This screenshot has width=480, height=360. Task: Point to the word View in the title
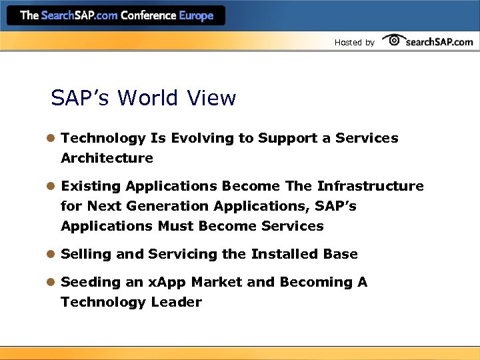211,99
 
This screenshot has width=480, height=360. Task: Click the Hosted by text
354,43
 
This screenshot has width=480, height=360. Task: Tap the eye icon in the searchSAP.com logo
394,41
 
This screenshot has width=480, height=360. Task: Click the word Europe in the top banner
197,15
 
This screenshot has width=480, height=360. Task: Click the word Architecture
107,159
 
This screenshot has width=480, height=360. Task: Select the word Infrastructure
370,186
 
